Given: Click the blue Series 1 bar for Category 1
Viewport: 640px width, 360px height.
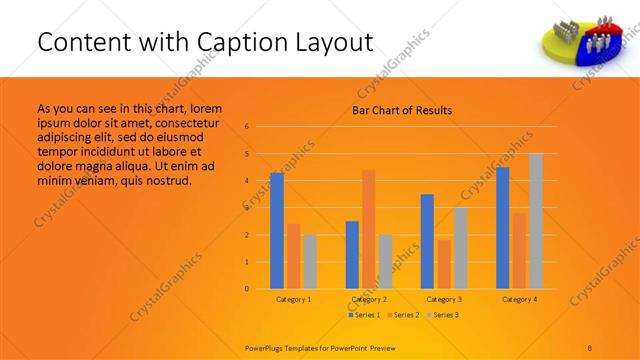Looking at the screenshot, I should [x=277, y=231].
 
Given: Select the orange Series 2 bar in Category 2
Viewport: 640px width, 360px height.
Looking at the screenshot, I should [x=369, y=229].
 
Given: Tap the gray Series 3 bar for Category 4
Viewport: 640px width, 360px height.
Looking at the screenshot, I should [x=536, y=221].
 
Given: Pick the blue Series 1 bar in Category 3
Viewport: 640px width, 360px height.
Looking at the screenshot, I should [x=427, y=241].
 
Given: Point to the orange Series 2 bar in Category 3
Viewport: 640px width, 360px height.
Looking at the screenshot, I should [x=444, y=264].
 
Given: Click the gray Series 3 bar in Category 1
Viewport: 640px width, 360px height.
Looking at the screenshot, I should [x=310, y=262].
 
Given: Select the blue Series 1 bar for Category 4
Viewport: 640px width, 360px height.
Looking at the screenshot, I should [x=502, y=228].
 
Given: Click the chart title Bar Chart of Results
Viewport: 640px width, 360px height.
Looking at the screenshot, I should [x=402, y=110].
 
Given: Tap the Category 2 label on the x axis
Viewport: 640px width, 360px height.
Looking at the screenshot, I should [x=369, y=299].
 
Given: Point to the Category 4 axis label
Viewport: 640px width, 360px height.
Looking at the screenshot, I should [x=519, y=299].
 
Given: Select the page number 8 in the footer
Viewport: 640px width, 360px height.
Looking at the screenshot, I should [x=590, y=346].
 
